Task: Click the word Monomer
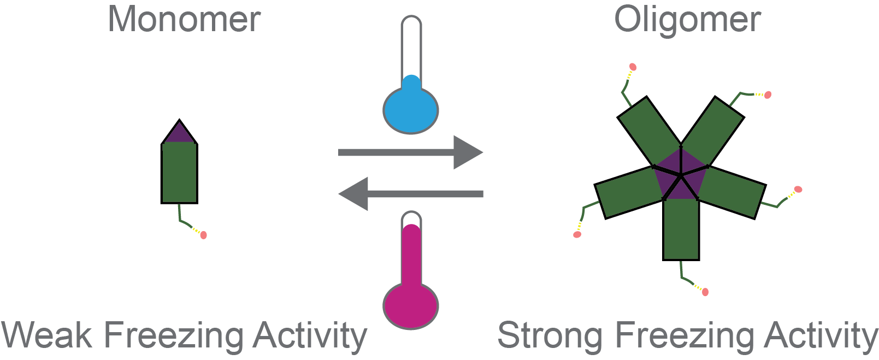[x=184, y=20]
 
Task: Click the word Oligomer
[x=687, y=20]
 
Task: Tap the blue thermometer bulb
[x=411, y=110]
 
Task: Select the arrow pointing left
[x=411, y=193]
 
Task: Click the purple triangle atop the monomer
[x=179, y=134]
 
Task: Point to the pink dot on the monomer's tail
[x=203, y=235]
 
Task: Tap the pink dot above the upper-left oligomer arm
[x=633, y=67]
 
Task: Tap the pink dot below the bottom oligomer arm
[x=705, y=292]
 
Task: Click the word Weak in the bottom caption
[x=47, y=335]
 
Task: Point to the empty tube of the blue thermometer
[x=411, y=46]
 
